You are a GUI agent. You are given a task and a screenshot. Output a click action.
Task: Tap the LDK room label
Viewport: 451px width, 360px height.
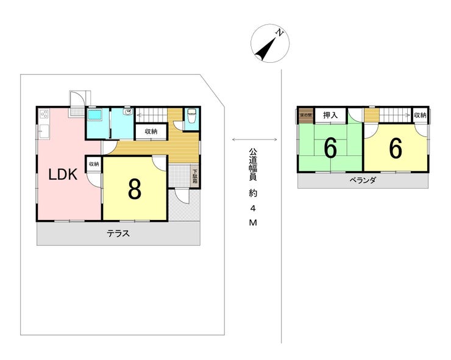click(63, 175)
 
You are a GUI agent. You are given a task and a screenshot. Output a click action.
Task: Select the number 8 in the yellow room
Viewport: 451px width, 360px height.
click(135, 189)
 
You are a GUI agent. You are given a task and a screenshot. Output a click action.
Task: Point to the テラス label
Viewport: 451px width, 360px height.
click(118, 233)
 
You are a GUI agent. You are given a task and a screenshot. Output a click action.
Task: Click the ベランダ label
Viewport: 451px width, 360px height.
click(363, 181)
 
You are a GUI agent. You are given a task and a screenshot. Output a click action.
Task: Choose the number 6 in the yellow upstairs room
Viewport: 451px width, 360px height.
click(396, 148)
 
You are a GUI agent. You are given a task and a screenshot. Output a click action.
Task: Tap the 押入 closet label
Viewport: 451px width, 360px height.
click(330, 115)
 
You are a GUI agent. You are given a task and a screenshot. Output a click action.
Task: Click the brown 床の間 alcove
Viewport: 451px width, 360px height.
click(305, 115)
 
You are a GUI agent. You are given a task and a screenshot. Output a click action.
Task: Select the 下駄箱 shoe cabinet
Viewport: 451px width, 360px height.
click(195, 177)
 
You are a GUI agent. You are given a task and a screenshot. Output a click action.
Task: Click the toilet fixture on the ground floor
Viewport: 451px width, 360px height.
click(191, 116)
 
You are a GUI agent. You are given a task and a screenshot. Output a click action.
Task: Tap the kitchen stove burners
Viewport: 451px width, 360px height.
click(44, 114)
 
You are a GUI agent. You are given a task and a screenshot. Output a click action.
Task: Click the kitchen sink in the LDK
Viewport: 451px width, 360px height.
click(44, 132)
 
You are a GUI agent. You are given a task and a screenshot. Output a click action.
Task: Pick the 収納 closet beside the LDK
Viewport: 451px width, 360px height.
click(93, 164)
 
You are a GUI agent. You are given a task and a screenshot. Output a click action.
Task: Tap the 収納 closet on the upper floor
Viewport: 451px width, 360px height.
click(420, 115)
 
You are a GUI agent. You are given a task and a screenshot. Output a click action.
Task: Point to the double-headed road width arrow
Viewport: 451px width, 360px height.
click(255, 140)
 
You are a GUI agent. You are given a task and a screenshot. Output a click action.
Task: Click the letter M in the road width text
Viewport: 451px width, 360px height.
click(253, 224)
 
